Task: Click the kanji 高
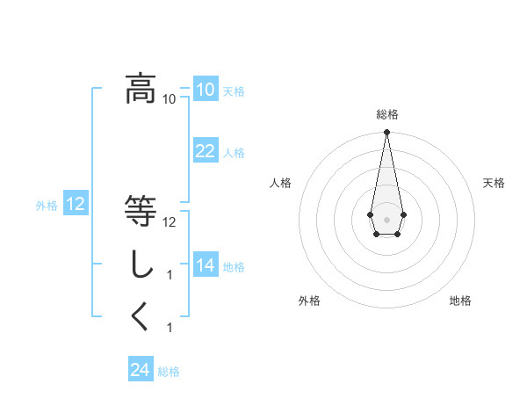[x=141, y=89]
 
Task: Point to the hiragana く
[x=141, y=317]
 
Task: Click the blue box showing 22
[x=206, y=151]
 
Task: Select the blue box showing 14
[x=206, y=265]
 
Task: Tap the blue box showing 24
[x=141, y=370]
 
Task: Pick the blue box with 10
[x=206, y=90]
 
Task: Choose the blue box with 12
[x=76, y=205]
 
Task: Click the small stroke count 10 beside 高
[x=169, y=98]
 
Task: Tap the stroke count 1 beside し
[x=170, y=275]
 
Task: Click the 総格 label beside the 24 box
[x=169, y=372]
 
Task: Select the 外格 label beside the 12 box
[x=47, y=206]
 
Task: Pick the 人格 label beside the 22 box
[x=234, y=153]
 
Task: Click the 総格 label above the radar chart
[x=386, y=114]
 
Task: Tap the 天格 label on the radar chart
[x=494, y=183]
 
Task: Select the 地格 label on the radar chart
[x=460, y=301]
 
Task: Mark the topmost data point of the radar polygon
[x=386, y=132]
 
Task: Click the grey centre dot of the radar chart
[x=386, y=218]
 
